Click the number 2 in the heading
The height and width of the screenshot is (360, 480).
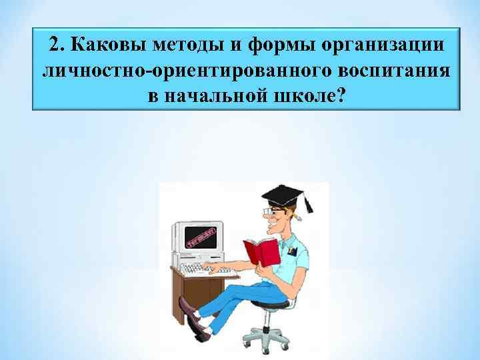click(x=57, y=46)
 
